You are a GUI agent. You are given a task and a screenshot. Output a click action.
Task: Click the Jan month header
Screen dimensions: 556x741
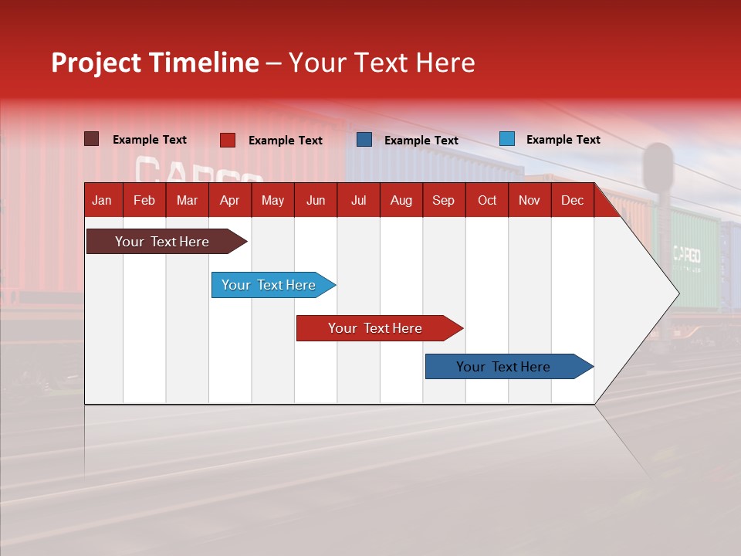[102, 200]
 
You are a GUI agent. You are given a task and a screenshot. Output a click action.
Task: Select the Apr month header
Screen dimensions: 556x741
[229, 200]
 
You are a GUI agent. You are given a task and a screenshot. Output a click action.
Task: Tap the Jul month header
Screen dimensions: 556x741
[358, 200]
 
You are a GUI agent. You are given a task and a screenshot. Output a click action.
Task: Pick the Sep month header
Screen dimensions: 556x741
[443, 200]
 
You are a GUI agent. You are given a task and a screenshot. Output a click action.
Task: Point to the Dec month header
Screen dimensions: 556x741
[572, 200]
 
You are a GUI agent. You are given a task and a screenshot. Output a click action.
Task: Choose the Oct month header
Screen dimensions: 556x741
[487, 200]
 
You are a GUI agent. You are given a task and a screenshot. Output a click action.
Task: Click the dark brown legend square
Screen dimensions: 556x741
[92, 139]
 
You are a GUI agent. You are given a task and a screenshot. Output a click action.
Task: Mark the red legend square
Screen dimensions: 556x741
[228, 140]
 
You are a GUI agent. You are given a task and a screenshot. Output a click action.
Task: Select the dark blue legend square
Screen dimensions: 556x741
[364, 140]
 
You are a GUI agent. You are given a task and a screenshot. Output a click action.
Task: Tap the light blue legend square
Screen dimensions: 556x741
[506, 139]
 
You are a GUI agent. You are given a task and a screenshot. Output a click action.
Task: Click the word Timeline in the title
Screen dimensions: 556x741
[204, 63]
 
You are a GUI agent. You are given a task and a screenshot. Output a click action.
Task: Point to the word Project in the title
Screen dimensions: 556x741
[96, 63]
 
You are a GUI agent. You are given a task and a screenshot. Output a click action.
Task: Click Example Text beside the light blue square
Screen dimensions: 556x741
[563, 139]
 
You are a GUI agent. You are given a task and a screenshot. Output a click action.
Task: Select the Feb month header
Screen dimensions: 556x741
[144, 200]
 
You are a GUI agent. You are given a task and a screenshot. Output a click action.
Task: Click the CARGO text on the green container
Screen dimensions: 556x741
[686, 254]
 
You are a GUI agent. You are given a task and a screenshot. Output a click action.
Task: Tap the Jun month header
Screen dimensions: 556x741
[316, 200]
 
